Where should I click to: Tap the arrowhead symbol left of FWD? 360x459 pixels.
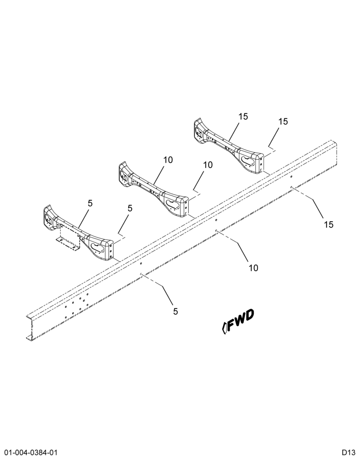click(225, 328)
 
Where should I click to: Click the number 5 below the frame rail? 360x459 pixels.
click(175, 312)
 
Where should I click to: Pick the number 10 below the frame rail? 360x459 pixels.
click(253, 268)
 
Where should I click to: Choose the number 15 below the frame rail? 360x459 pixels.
click(329, 224)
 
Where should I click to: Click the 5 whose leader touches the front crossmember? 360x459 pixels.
click(90, 203)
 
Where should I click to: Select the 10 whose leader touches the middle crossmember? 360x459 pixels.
click(168, 160)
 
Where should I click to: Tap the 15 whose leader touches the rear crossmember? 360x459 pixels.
click(243, 117)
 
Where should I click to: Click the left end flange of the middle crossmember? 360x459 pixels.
click(124, 174)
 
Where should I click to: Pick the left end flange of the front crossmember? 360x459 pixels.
click(48, 218)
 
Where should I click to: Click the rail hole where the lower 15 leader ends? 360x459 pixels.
click(291, 187)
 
